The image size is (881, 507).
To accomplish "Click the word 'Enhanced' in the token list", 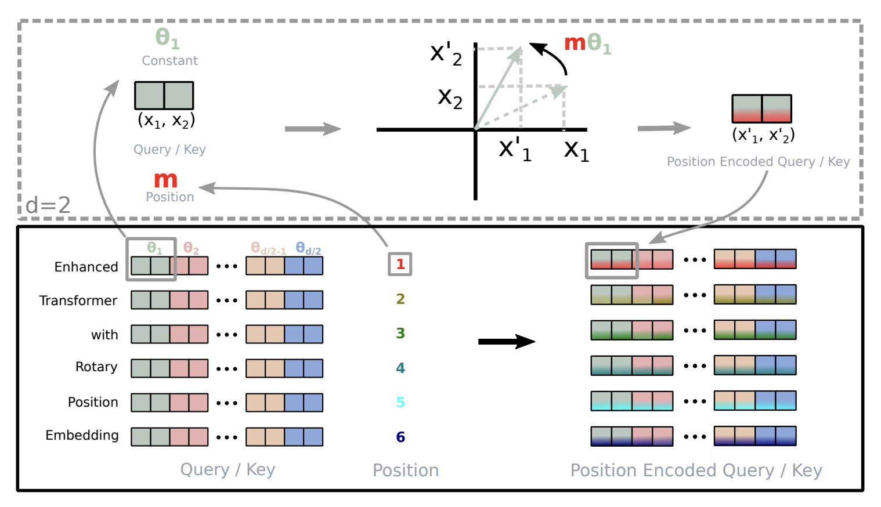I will coord(86,267).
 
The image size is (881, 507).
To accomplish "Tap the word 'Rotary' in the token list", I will coord(96,367).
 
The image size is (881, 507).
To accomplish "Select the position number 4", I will coord(400,368).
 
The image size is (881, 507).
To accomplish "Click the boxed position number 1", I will coord(400,265).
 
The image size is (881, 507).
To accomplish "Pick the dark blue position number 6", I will coord(400,437).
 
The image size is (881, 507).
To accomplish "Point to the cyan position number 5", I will coord(400,402).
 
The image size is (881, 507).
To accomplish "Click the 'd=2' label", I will coord(48,205).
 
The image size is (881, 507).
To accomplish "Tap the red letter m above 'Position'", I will coord(165,179).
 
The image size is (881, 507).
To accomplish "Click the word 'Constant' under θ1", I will coord(169,61).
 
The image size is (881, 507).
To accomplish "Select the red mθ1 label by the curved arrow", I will coord(587,43).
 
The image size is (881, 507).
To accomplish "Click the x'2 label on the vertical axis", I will coord(446,54).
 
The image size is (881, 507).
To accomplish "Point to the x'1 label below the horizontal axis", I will coord(515,150).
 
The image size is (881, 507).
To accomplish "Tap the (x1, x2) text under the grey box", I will coord(166,120).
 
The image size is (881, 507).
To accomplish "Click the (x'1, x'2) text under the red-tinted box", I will coord(763,135).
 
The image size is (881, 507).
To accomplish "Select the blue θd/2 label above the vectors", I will coord(308,248).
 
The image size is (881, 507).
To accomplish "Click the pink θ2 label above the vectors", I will coord(191,248).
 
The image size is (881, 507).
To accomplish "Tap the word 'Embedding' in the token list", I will coord(82,436).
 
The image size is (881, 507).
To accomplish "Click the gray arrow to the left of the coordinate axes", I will coord(312,129).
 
